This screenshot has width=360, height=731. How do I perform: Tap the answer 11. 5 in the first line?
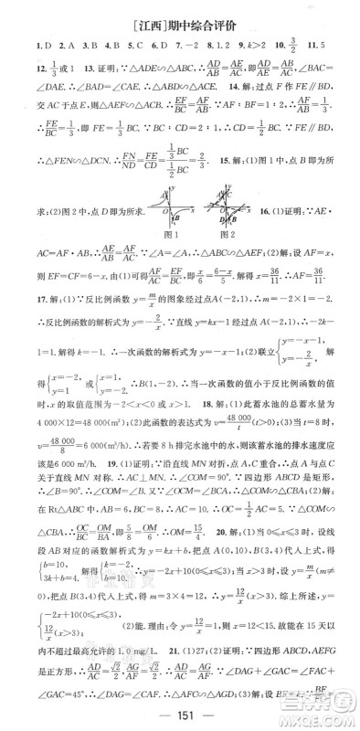pos(334,44)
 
